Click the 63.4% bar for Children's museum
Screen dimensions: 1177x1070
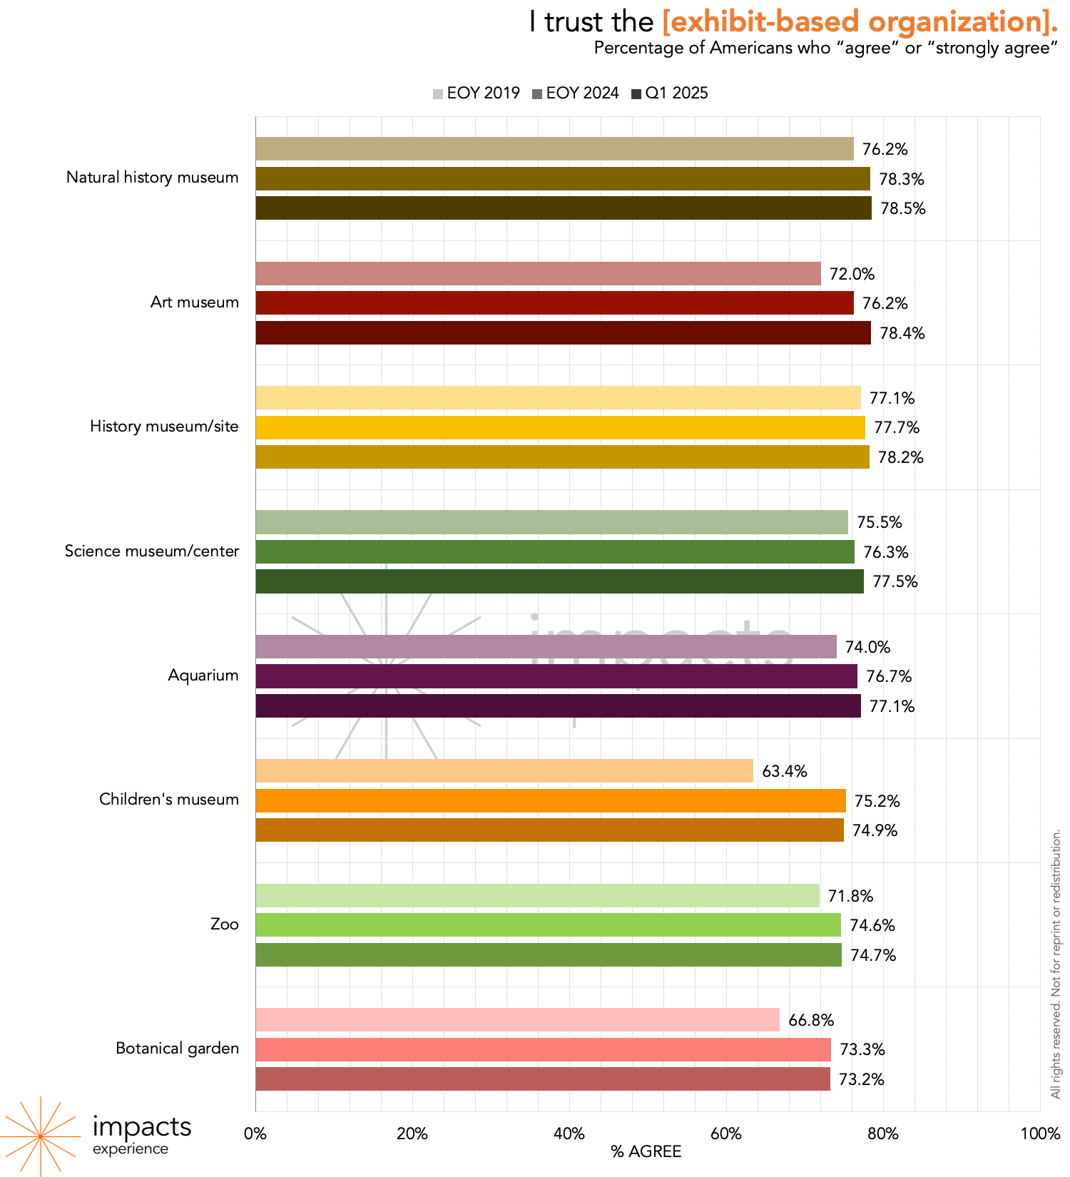(x=504, y=771)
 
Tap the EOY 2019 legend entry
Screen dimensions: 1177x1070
(x=476, y=93)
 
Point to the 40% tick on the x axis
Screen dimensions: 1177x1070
(x=569, y=1134)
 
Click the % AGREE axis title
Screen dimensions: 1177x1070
(x=646, y=1151)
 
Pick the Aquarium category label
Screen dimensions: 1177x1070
(x=203, y=676)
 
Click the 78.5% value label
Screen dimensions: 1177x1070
(x=902, y=208)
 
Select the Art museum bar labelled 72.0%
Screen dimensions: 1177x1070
(x=538, y=274)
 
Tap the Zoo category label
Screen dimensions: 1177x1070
(x=224, y=924)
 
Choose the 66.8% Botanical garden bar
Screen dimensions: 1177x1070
(x=517, y=1020)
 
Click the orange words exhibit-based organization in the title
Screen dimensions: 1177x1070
(x=860, y=22)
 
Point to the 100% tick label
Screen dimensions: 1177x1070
(x=1040, y=1134)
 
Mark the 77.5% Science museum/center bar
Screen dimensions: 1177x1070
(x=559, y=581)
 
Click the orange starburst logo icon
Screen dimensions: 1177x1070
(x=40, y=1136)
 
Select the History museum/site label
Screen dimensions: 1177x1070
(x=164, y=427)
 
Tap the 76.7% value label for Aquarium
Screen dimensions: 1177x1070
(x=889, y=676)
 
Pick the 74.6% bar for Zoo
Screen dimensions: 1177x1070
(x=548, y=925)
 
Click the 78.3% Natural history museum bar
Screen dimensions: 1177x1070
(x=563, y=179)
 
